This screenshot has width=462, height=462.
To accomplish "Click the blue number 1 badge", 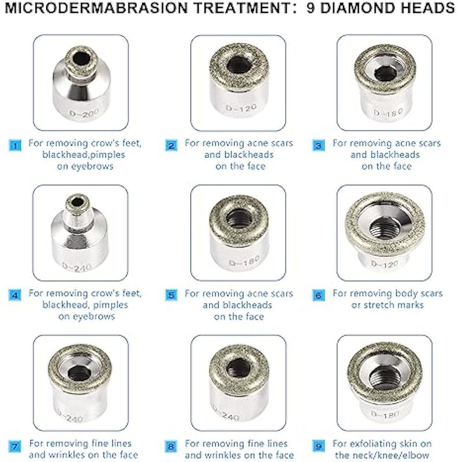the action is pyautogui.click(x=15, y=146).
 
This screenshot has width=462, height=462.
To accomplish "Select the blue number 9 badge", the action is pyautogui.click(x=318, y=446).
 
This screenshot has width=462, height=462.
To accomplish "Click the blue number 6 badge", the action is pyautogui.click(x=318, y=296).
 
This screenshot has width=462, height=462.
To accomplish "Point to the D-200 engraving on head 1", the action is pyautogui.click(x=84, y=113).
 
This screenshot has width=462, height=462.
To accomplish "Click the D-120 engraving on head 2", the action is pyautogui.click(x=241, y=108).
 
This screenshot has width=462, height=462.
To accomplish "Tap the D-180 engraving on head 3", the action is pyautogui.click(x=388, y=113).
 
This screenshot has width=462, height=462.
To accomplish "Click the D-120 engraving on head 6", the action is pyautogui.click(x=385, y=264).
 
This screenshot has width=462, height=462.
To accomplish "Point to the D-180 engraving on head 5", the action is pyautogui.click(x=244, y=261).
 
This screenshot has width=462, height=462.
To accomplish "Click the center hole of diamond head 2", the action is pyautogui.click(x=239, y=65).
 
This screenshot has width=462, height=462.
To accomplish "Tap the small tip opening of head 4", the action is pyautogui.click(x=77, y=203).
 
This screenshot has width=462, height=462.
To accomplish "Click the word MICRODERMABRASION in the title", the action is pyautogui.click(x=96, y=8).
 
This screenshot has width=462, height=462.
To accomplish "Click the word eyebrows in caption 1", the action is pyautogui.click(x=85, y=166).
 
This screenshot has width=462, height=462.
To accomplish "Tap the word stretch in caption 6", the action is pyautogui.click(x=380, y=305).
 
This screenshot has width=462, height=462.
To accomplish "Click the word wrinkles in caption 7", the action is pyautogui.click(x=68, y=455).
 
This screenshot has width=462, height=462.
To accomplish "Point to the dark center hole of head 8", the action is pyautogui.click(x=239, y=369).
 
